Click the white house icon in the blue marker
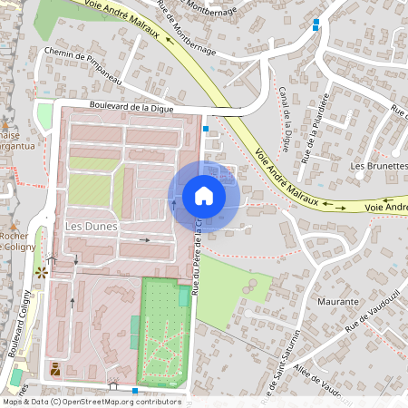pyautogui.click(x=204, y=196)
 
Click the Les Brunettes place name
pyautogui.click(x=379, y=167)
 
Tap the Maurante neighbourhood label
pyautogui.click(x=339, y=298)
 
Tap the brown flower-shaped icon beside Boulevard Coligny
pyautogui.click(x=39, y=271)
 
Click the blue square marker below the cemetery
pyautogui.click(x=135, y=391)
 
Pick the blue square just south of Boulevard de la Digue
pyautogui.click(x=207, y=130)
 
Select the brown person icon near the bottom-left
pyautogui.click(x=55, y=368)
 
